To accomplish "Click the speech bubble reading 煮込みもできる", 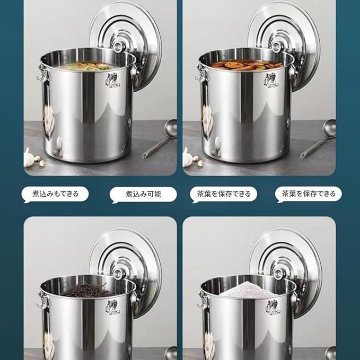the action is (55, 194).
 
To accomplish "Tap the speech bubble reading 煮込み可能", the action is (143, 195).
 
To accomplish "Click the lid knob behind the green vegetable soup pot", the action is (118, 47).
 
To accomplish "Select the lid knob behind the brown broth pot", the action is (277, 47).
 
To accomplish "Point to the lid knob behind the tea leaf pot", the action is (118, 274).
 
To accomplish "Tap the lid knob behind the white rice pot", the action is (278, 274).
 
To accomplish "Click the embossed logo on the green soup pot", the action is (112, 81).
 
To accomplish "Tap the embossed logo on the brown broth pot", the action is (271, 81).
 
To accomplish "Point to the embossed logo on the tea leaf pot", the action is (112, 307).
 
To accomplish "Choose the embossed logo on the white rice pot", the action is (273, 307).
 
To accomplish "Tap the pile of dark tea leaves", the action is (89, 290).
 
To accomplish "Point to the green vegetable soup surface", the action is (86, 66).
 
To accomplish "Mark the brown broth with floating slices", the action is (247, 65).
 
